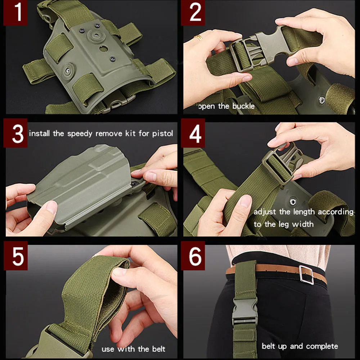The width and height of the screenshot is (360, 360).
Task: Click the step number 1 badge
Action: coord(15,13)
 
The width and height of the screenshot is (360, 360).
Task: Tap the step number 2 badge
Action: coord(193,13)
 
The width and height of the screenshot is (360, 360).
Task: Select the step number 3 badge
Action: coord(15,133)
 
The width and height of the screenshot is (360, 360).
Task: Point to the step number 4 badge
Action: coord(193,133)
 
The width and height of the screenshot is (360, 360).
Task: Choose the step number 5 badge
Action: coord(15,256)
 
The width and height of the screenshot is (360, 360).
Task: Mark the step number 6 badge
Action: coord(193,256)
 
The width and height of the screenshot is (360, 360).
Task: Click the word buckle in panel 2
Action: coord(243,106)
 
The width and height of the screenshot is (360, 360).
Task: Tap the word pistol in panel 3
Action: coord(163,134)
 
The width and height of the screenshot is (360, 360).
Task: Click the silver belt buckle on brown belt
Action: coord(306,275)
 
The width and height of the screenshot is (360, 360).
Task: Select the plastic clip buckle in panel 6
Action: coord(244,311)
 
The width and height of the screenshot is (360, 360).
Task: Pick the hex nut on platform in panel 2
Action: coord(321,100)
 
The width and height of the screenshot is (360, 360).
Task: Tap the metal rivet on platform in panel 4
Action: coord(293,202)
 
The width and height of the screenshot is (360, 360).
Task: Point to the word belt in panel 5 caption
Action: coord(159,349)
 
